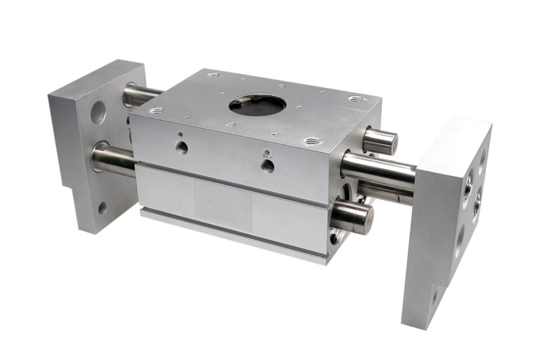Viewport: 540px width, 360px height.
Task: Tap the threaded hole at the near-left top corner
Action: (155, 110)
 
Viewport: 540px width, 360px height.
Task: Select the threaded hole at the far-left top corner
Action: (213, 74)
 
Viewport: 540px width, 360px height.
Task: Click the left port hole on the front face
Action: (182, 147)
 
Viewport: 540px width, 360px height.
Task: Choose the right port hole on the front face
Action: (267, 165)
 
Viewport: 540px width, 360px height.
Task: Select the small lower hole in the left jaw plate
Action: (103, 207)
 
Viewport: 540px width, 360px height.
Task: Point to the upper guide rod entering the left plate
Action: (141, 94)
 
